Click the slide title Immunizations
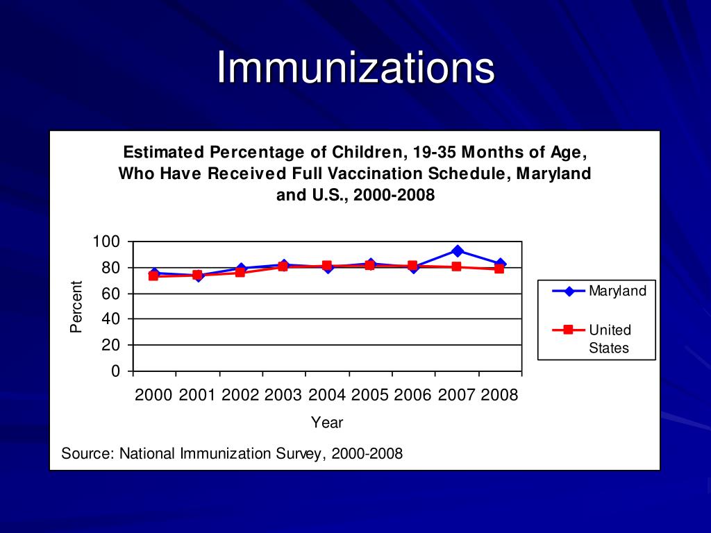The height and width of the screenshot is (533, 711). (x=355, y=69)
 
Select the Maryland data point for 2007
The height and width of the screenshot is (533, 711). (x=457, y=251)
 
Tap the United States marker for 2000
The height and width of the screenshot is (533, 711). (x=153, y=276)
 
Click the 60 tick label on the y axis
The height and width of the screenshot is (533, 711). (x=111, y=294)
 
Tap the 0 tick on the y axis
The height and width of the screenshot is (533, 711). (x=115, y=371)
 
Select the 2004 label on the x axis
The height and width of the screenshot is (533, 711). (x=327, y=395)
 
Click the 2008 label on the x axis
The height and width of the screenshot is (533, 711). (x=500, y=395)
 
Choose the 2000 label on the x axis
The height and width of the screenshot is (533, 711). (x=153, y=395)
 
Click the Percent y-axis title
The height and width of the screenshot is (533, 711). (x=76, y=306)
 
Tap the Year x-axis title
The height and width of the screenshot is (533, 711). (x=327, y=422)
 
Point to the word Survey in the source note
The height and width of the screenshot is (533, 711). (x=301, y=454)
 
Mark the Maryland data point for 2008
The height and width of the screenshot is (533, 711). (x=500, y=264)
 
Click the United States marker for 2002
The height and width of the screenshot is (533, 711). (x=240, y=272)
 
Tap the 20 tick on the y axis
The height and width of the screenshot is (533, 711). (x=111, y=345)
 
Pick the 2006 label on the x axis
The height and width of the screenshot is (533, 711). (x=413, y=395)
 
